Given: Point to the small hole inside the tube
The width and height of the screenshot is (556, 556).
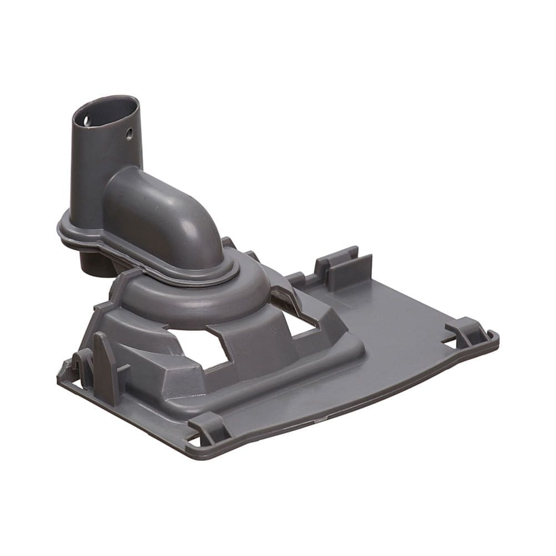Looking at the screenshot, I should (x=86, y=119).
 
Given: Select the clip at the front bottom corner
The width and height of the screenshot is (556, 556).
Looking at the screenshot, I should (x=209, y=428).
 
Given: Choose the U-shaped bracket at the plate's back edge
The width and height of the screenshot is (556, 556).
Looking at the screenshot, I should (x=345, y=267).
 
